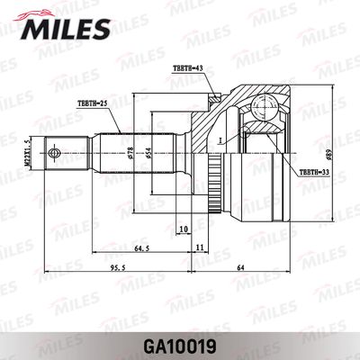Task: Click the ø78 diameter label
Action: [x=130, y=154]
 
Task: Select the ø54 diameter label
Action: [x=150, y=154]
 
